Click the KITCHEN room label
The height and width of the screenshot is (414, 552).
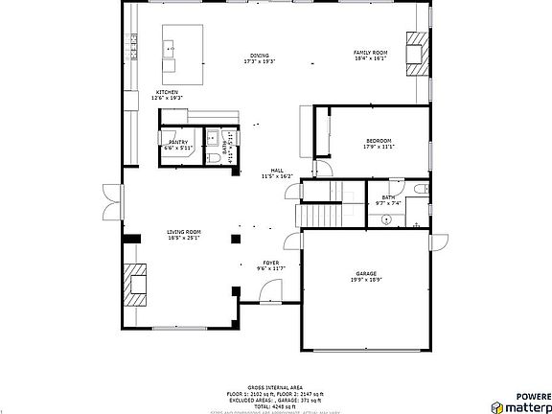[x=168, y=92]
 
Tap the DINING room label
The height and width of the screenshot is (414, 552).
[x=260, y=56]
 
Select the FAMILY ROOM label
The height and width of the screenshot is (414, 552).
[x=369, y=52]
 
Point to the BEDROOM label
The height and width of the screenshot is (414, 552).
[x=379, y=141]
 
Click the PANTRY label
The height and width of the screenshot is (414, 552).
[x=178, y=142]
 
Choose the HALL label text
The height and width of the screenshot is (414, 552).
[x=276, y=171]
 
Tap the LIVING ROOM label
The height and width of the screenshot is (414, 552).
[x=184, y=231]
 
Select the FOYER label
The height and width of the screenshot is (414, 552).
[x=271, y=263]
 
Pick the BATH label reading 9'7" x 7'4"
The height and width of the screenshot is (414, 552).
[x=388, y=197]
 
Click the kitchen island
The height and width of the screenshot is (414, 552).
[x=183, y=54]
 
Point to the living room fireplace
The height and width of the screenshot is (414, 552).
[x=133, y=283]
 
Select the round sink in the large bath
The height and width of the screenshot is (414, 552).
[x=386, y=220]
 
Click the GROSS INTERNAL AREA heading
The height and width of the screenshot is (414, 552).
[x=276, y=385]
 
